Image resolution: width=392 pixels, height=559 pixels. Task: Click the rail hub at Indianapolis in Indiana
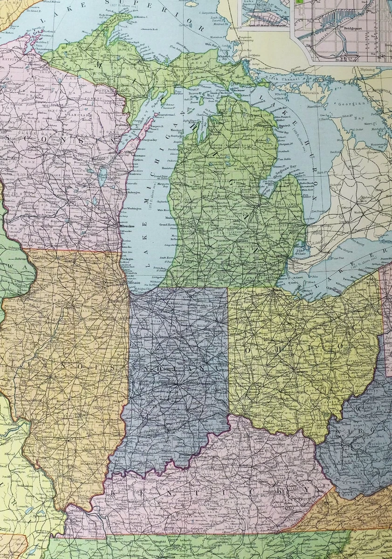tap(176, 385)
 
